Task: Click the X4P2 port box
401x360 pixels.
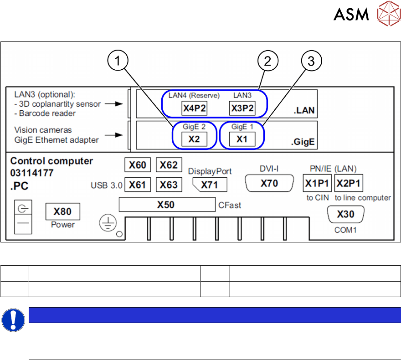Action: pos(195,109)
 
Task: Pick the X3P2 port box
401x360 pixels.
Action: pos(242,109)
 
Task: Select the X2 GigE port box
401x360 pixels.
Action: pos(195,139)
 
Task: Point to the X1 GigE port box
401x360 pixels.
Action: pos(242,139)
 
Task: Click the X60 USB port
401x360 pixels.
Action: pos(138,165)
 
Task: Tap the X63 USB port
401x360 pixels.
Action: pos(169,185)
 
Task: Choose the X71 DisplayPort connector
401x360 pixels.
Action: pos(210,185)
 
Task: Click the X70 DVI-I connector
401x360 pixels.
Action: pos(269,183)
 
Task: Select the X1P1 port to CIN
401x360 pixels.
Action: pos(317,184)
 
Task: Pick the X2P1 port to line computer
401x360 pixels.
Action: pos(349,184)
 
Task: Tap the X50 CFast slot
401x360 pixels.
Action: pos(166,205)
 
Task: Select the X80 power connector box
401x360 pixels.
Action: pos(62,211)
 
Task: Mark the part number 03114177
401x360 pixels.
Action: pos(32,173)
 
